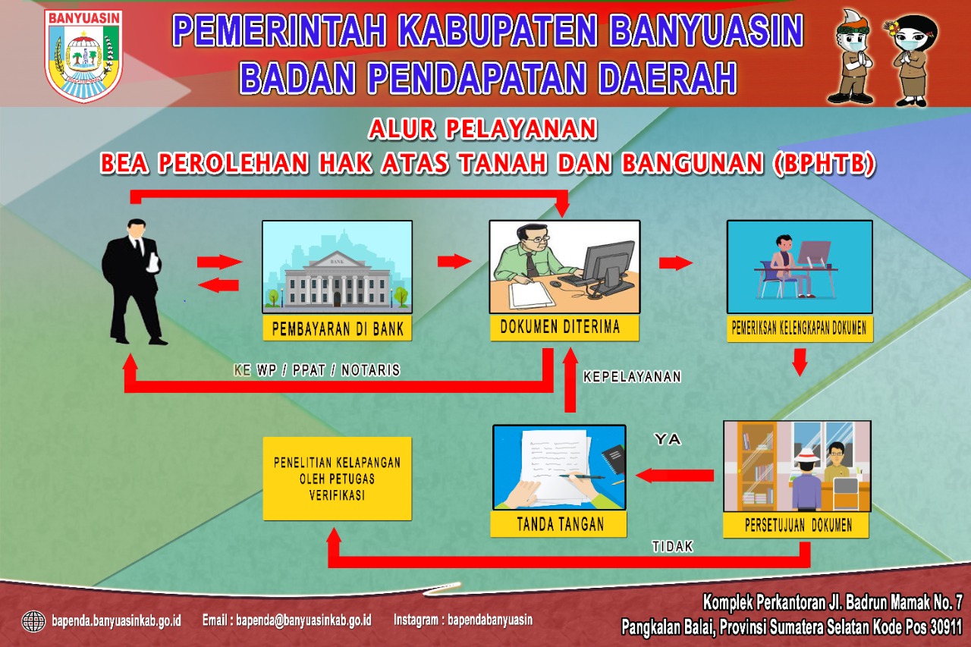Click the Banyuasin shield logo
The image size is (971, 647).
(83, 56)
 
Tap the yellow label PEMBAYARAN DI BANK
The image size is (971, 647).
(338, 328)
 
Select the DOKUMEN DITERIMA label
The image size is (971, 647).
(564, 327)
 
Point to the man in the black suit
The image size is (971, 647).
(134, 281)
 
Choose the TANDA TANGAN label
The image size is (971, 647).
(559, 524)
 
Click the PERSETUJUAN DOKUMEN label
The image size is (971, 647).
(796, 525)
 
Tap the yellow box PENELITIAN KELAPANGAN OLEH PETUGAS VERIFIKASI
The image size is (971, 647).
(338, 479)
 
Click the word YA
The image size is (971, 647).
(668, 439)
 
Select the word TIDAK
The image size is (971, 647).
(672, 547)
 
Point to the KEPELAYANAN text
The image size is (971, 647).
(632, 376)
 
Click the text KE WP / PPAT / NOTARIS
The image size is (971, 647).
(317, 369)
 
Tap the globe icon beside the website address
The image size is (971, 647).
(33, 621)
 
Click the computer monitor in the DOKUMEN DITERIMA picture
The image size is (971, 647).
(608, 265)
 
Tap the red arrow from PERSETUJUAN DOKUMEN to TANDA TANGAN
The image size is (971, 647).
(675, 476)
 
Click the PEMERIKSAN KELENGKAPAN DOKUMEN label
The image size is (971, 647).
(799, 328)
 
